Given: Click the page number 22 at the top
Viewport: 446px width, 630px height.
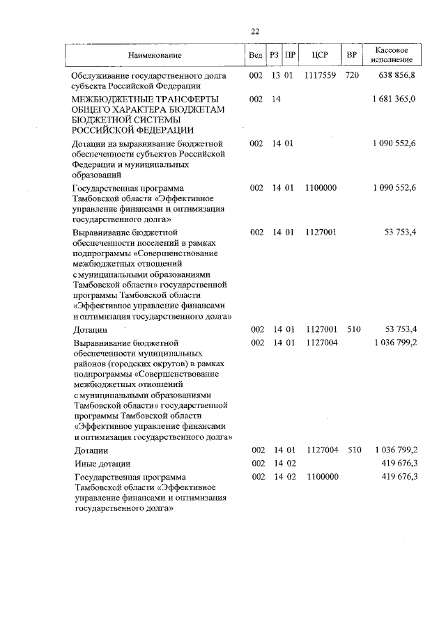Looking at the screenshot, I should point(254,31).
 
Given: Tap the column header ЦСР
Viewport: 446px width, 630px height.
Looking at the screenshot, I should point(320,55).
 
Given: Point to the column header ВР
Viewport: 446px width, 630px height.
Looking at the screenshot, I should point(352,55).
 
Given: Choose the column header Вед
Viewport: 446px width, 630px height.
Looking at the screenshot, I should point(256,55).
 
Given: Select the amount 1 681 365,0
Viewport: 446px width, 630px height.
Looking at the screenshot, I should point(394,100).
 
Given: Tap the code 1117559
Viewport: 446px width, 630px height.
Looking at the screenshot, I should point(320,75).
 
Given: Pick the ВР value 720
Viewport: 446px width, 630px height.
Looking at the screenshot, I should point(352,75).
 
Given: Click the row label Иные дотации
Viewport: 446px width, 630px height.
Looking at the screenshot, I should point(102,463).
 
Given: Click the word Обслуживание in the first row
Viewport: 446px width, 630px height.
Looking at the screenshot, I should point(102,75).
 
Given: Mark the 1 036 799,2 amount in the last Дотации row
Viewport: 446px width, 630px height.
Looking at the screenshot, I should point(394,450).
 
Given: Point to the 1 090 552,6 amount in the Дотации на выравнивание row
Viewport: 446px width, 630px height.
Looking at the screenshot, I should point(394,143).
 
